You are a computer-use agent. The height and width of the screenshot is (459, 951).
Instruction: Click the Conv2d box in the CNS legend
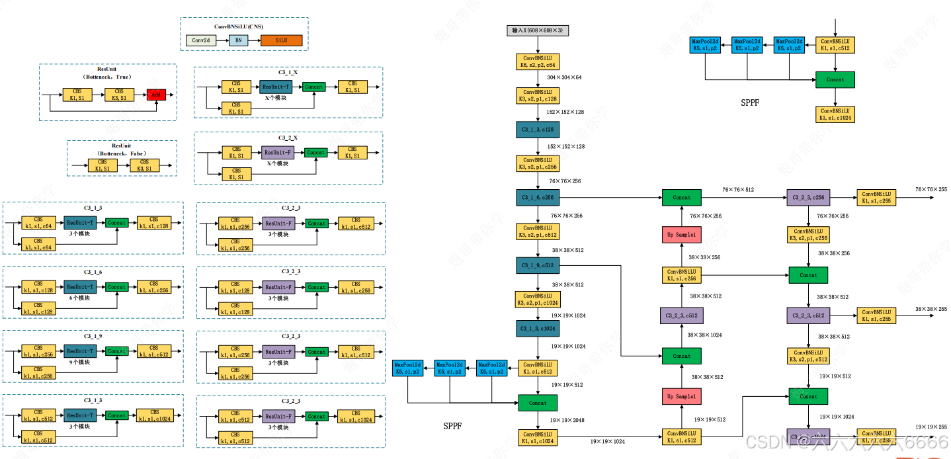pos(200,40)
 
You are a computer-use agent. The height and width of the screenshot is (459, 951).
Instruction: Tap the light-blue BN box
pos(239,40)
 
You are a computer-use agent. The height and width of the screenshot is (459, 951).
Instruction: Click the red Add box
pos(156,95)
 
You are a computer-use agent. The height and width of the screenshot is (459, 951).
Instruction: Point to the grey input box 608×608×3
pos(537,30)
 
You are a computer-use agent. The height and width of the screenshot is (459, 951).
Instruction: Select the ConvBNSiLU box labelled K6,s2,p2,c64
pos(537,62)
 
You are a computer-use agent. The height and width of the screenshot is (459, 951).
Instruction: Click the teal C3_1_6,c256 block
pos(537,197)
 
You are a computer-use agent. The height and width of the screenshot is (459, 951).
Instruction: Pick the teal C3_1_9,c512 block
pos(537,265)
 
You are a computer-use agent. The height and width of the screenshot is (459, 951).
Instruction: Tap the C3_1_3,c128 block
pos(537,129)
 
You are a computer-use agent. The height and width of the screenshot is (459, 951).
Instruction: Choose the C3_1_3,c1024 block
pos(537,328)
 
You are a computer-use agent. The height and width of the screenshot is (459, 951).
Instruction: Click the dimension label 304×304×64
pos(564,77)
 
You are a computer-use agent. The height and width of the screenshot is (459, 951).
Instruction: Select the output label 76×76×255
pos(931,190)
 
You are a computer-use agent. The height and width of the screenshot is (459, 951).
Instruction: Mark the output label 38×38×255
pos(931,309)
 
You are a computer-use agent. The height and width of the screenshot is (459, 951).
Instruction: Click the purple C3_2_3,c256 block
pos(808,197)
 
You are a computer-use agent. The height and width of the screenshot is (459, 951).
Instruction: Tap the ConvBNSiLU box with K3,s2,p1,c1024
pos(537,299)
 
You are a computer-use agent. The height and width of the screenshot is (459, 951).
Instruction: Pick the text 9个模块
pos(79,362)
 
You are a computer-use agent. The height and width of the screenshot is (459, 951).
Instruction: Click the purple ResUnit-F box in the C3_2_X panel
pos(278,152)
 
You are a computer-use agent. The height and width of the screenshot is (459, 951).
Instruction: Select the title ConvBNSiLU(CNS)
pos(238,26)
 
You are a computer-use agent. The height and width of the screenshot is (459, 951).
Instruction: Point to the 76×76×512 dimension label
pos(737,190)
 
